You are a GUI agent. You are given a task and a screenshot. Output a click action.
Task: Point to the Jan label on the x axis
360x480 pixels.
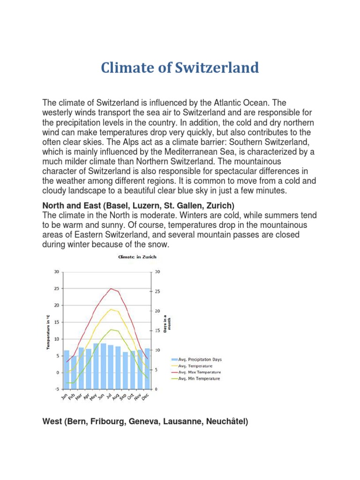(65, 397)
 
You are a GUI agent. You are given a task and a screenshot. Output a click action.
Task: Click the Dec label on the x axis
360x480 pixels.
(146, 397)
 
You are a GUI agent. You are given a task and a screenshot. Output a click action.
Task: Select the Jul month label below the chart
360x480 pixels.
(109, 397)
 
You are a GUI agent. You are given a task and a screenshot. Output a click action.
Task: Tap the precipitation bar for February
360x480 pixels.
(74, 373)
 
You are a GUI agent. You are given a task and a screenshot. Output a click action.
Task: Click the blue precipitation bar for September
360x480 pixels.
(125, 370)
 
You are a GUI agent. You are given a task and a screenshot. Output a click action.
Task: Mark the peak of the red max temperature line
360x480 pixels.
(111, 288)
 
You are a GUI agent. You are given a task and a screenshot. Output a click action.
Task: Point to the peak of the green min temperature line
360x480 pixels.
(111, 330)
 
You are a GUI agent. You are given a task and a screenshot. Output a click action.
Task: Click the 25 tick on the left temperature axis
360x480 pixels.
(56, 288)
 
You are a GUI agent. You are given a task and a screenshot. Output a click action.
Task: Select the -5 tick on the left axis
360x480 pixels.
(56, 389)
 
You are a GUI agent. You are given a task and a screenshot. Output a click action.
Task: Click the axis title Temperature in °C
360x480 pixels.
(48, 332)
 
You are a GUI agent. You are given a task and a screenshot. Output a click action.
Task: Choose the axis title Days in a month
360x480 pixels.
(167, 323)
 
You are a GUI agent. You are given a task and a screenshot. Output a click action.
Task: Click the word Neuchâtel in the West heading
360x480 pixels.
(227, 422)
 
